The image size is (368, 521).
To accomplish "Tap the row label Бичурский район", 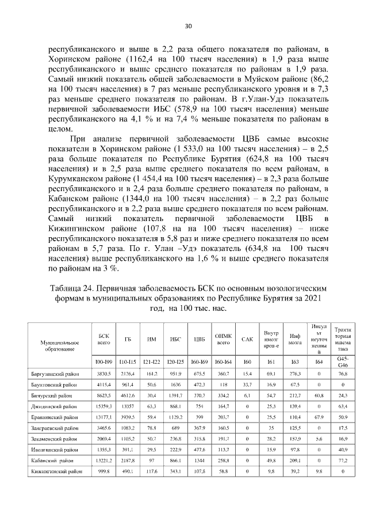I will click(52, 395).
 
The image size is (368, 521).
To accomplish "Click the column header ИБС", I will click(176, 339).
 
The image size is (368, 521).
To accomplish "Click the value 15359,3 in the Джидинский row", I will click(104, 406).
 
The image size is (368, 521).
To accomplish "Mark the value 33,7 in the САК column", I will click(247, 385).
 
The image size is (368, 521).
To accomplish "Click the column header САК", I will click(247, 339).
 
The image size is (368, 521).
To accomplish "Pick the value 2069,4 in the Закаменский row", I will click(104, 439).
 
